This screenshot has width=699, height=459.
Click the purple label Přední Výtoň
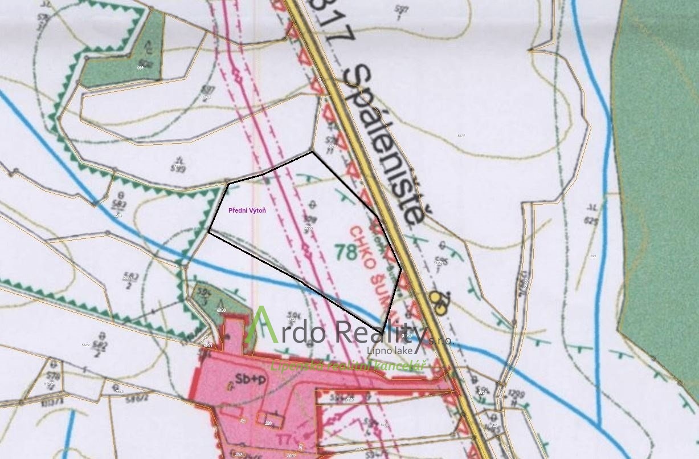247,210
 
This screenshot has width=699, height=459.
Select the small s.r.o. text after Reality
440,340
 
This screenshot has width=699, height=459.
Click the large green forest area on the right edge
655,171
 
